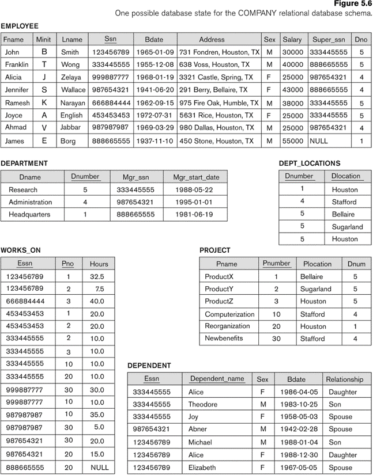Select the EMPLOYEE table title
pyautogui.click(x=20, y=26)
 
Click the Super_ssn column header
pyautogui.click(x=329, y=40)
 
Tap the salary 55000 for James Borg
pyautogui.click(x=292, y=140)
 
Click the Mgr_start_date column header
pyautogui.click(x=195, y=177)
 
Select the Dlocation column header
pyautogui.click(x=346, y=176)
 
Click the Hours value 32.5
pyautogui.click(x=97, y=276)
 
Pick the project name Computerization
pyautogui.click(x=229, y=314)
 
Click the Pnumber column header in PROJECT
pyautogui.click(x=276, y=264)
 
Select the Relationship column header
pyautogui.click(x=344, y=379)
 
